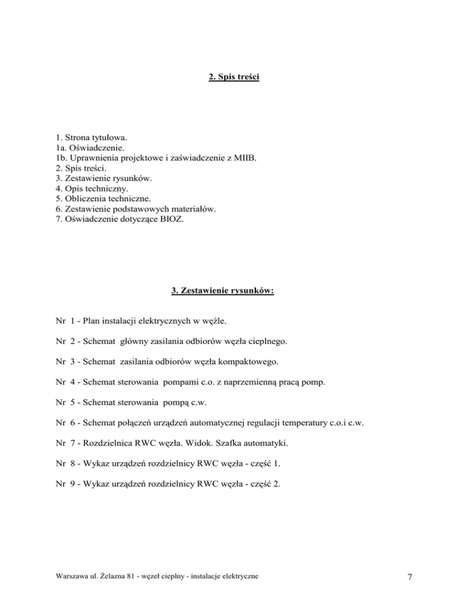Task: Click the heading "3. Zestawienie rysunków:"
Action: click(x=222, y=291)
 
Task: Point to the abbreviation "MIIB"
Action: click(x=243, y=158)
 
